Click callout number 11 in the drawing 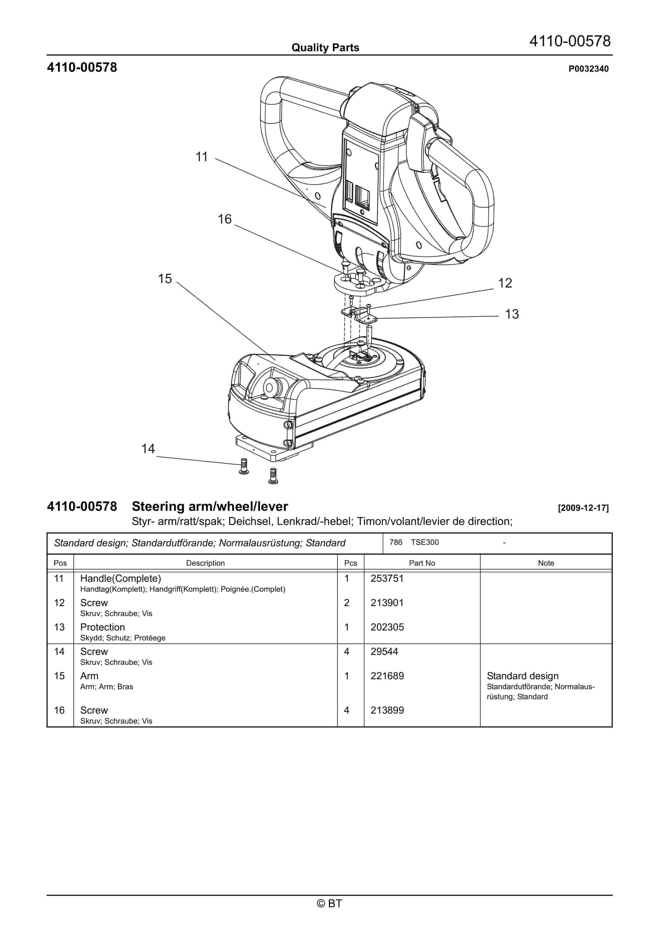[x=202, y=157]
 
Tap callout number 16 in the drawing [x=224, y=219]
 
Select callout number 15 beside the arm [x=165, y=279]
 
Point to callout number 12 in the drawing [x=505, y=283]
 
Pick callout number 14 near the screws [x=148, y=449]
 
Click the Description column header [x=205, y=563]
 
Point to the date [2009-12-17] [x=583, y=508]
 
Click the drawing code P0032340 [x=588, y=69]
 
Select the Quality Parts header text [x=325, y=48]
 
